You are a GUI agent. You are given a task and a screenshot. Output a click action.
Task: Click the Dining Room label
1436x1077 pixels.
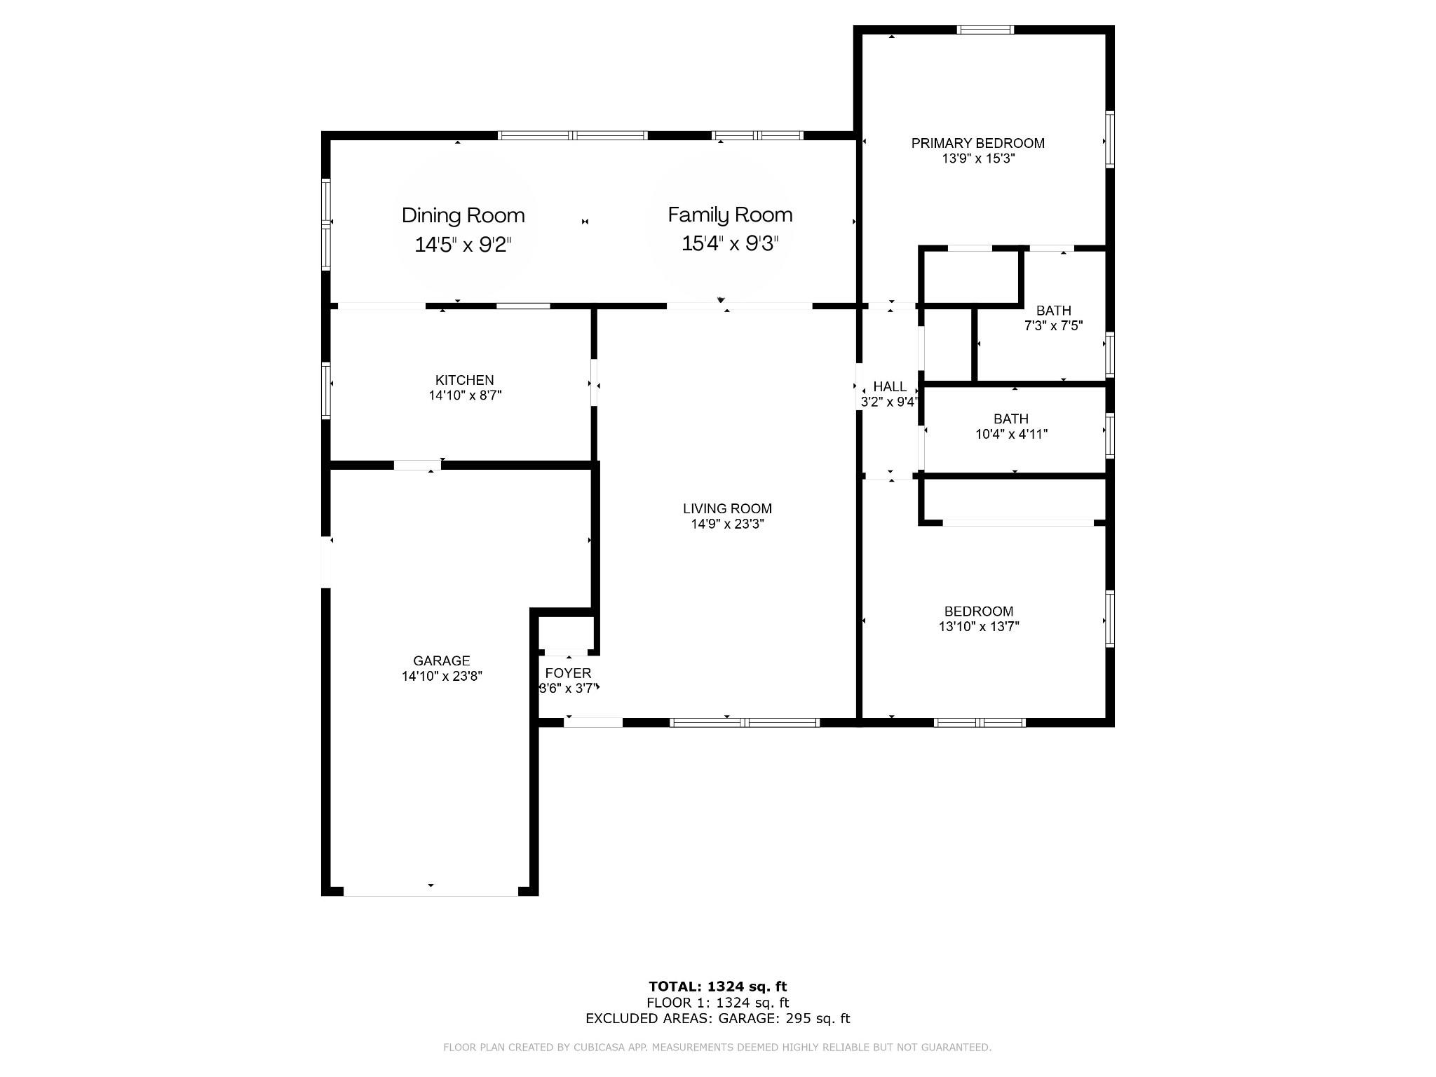point(463,215)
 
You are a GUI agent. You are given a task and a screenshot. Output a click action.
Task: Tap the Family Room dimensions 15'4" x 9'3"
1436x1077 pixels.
point(730,244)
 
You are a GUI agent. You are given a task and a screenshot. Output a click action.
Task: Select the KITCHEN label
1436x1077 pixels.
point(464,380)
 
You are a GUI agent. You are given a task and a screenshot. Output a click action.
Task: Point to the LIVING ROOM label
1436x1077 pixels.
point(727,508)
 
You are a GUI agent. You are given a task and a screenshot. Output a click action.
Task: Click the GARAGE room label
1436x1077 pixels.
point(442,661)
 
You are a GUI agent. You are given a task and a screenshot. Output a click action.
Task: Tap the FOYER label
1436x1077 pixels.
point(568,673)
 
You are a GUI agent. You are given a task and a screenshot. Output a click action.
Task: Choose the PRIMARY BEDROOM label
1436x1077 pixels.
point(977,143)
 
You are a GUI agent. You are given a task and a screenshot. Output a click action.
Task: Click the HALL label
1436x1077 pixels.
point(890,386)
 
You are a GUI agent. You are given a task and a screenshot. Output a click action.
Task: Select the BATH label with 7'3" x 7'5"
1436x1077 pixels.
point(1054,311)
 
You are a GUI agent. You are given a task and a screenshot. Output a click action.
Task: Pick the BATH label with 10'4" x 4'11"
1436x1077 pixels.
point(1011,419)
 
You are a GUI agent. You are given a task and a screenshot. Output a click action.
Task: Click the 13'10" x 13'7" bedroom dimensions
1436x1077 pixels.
point(979,627)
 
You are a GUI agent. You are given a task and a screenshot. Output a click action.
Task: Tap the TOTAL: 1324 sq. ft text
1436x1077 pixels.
point(718,987)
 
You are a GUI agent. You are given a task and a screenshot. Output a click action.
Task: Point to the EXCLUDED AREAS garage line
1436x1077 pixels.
point(718,1018)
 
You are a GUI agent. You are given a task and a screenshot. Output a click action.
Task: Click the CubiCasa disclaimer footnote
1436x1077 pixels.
point(717,1048)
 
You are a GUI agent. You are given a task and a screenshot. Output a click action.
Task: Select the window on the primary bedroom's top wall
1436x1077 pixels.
point(986,29)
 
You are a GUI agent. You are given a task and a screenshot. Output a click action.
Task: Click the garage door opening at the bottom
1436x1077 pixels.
point(431,891)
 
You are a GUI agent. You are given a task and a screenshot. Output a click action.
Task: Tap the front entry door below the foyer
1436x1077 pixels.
point(593,722)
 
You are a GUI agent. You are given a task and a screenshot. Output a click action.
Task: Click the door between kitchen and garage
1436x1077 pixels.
point(417,465)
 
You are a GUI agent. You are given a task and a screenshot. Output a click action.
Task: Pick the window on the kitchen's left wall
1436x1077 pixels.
point(326,390)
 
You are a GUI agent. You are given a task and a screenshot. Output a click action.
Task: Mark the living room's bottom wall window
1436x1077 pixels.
point(745,722)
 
